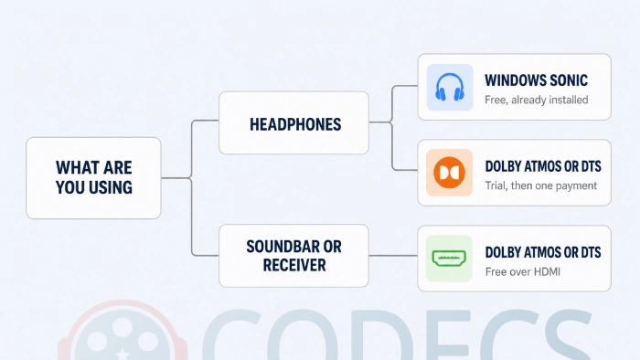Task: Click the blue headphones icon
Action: pyautogui.click(x=450, y=87)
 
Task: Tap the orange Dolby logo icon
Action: pyautogui.click(x=449, y=173)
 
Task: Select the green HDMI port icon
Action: pyautogui.click(x=449, y=259)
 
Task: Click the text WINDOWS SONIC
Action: pyautogui.click(x=536, y=80)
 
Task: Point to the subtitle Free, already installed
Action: pyautogui.click(x=537, y=100)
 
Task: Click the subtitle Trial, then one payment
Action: pyautogui.click(x=541, y=185)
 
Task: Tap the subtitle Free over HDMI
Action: pyautogui.click(x=522, y=272)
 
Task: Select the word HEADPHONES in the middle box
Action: pyautogui.click(x=295, y=125)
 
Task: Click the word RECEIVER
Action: pyautogui.click(x=294, y=265)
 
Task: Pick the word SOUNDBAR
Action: pyautogui.click(x=280, y=247)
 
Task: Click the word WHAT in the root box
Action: pyautogui.click(x=76, y=167)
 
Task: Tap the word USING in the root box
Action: pyautogui.click(x=111, y=187)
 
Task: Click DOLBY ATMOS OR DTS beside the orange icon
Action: pyautogui.click(x=543, y=166)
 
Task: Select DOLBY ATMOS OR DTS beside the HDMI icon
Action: pyautogui.click(x=543, y=252)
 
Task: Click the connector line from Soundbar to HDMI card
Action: pyautogui.click(x=393, y=256)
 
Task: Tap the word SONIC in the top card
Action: pyautogui.click(x=569, y=80)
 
